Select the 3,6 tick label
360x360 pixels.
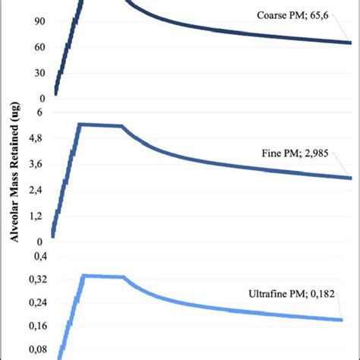tap(37, 163)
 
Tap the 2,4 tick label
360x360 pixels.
tap(37, 189)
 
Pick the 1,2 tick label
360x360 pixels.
tap(37, 215)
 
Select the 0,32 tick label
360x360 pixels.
tap(35, 279)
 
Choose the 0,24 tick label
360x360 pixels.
tap(35, 302)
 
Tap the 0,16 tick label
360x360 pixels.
tap(35, 326)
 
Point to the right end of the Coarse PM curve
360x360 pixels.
tap(351, 43)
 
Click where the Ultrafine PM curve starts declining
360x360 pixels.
tap(124, 277)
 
